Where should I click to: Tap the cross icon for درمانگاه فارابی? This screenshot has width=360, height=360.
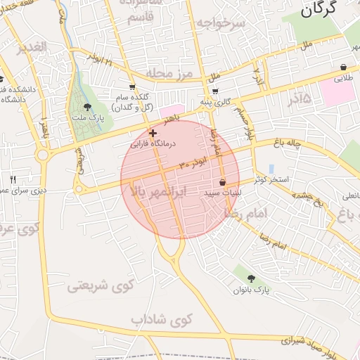pos(153,132)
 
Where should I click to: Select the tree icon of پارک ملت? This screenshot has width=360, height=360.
pos(88,107)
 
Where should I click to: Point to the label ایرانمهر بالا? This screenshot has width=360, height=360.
pos(157,191)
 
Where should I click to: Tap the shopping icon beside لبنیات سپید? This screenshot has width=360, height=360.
pos(223,182)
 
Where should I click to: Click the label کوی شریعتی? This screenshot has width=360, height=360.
pos(100,286)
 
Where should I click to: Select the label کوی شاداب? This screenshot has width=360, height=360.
pos(161,320)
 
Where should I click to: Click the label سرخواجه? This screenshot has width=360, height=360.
pos(220,23)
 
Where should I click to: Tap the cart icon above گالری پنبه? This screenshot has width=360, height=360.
pos(214,91)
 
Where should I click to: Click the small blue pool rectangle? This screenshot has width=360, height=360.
pos(271,169)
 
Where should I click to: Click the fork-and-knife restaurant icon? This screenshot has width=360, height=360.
pos(13,179)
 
